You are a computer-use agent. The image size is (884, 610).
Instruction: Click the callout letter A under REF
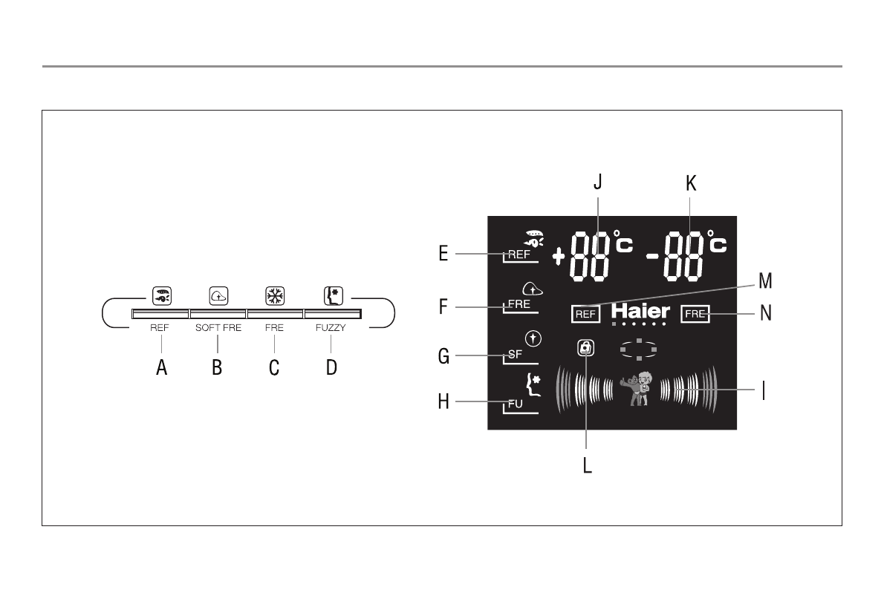click(x=162, y=367)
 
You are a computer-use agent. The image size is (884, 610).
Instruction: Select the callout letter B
click(x=217, y=367)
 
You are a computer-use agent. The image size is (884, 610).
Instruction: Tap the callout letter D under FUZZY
click(x=331, y=367)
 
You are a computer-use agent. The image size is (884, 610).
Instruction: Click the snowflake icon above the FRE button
click(x=275, y=295)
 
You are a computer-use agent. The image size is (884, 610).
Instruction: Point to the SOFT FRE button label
click(x=218, y=328)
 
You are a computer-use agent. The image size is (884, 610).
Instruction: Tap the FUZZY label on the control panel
click(x=331, y=328)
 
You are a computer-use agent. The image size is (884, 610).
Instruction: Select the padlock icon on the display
click(x=586, y=348)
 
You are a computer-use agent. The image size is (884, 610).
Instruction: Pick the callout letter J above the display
click(x=598, y=182)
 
